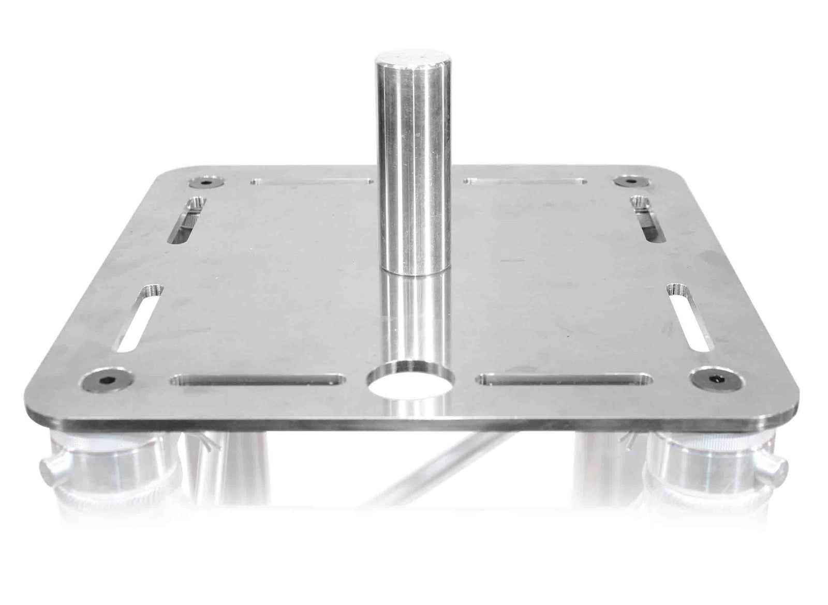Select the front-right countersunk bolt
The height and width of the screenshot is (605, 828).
tap(717, 380)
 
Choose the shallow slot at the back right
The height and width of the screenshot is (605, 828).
tap(525, 182)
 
